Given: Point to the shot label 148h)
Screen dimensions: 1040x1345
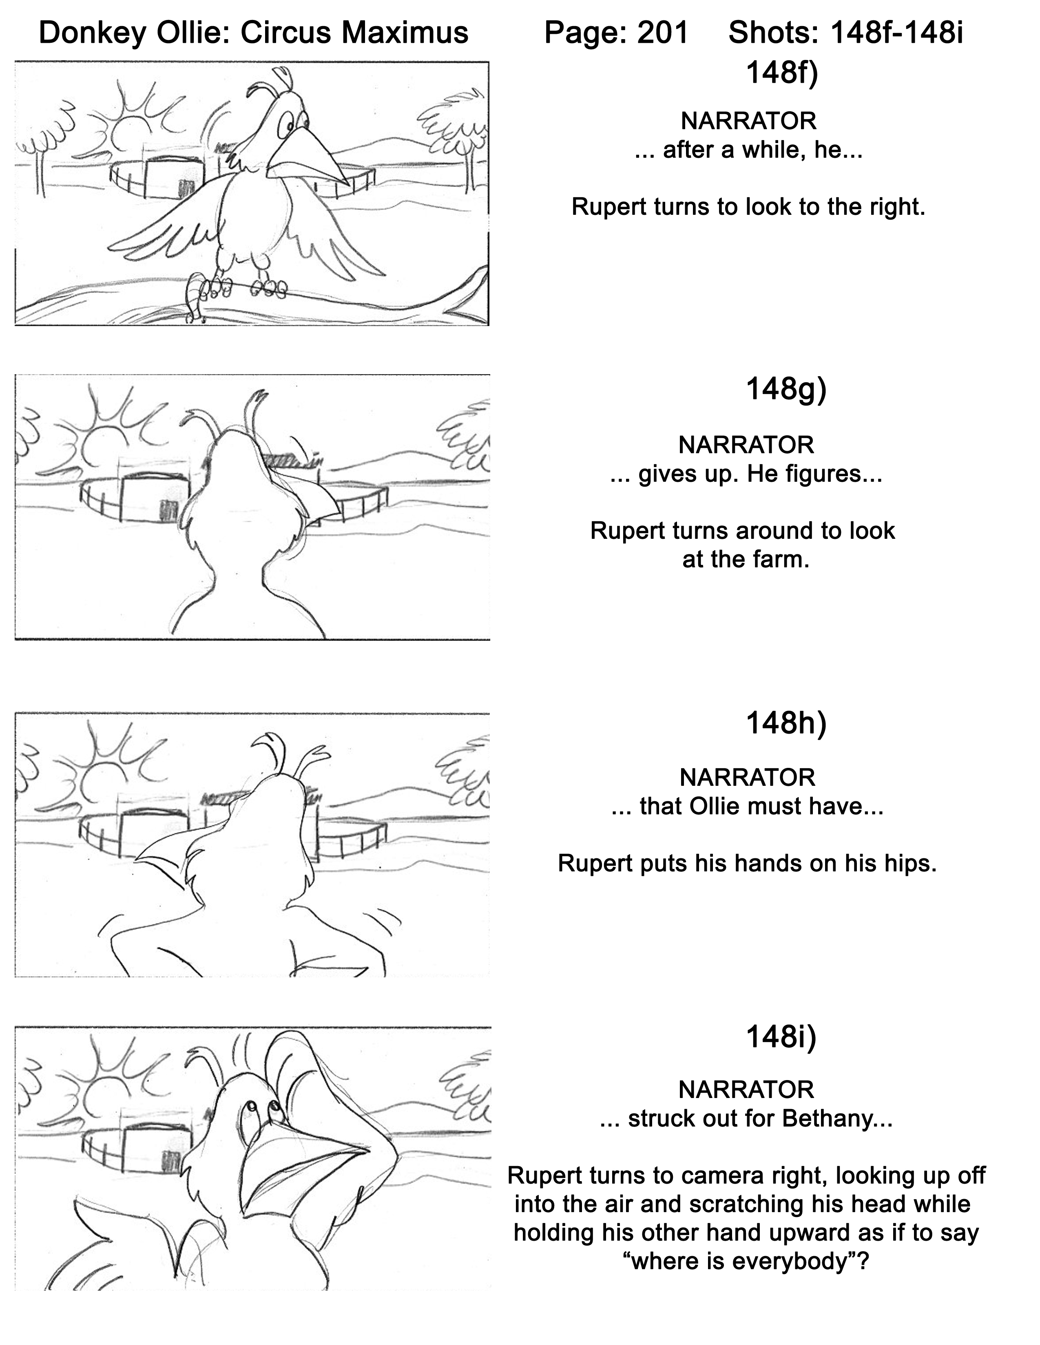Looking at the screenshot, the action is tap(786, 723).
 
